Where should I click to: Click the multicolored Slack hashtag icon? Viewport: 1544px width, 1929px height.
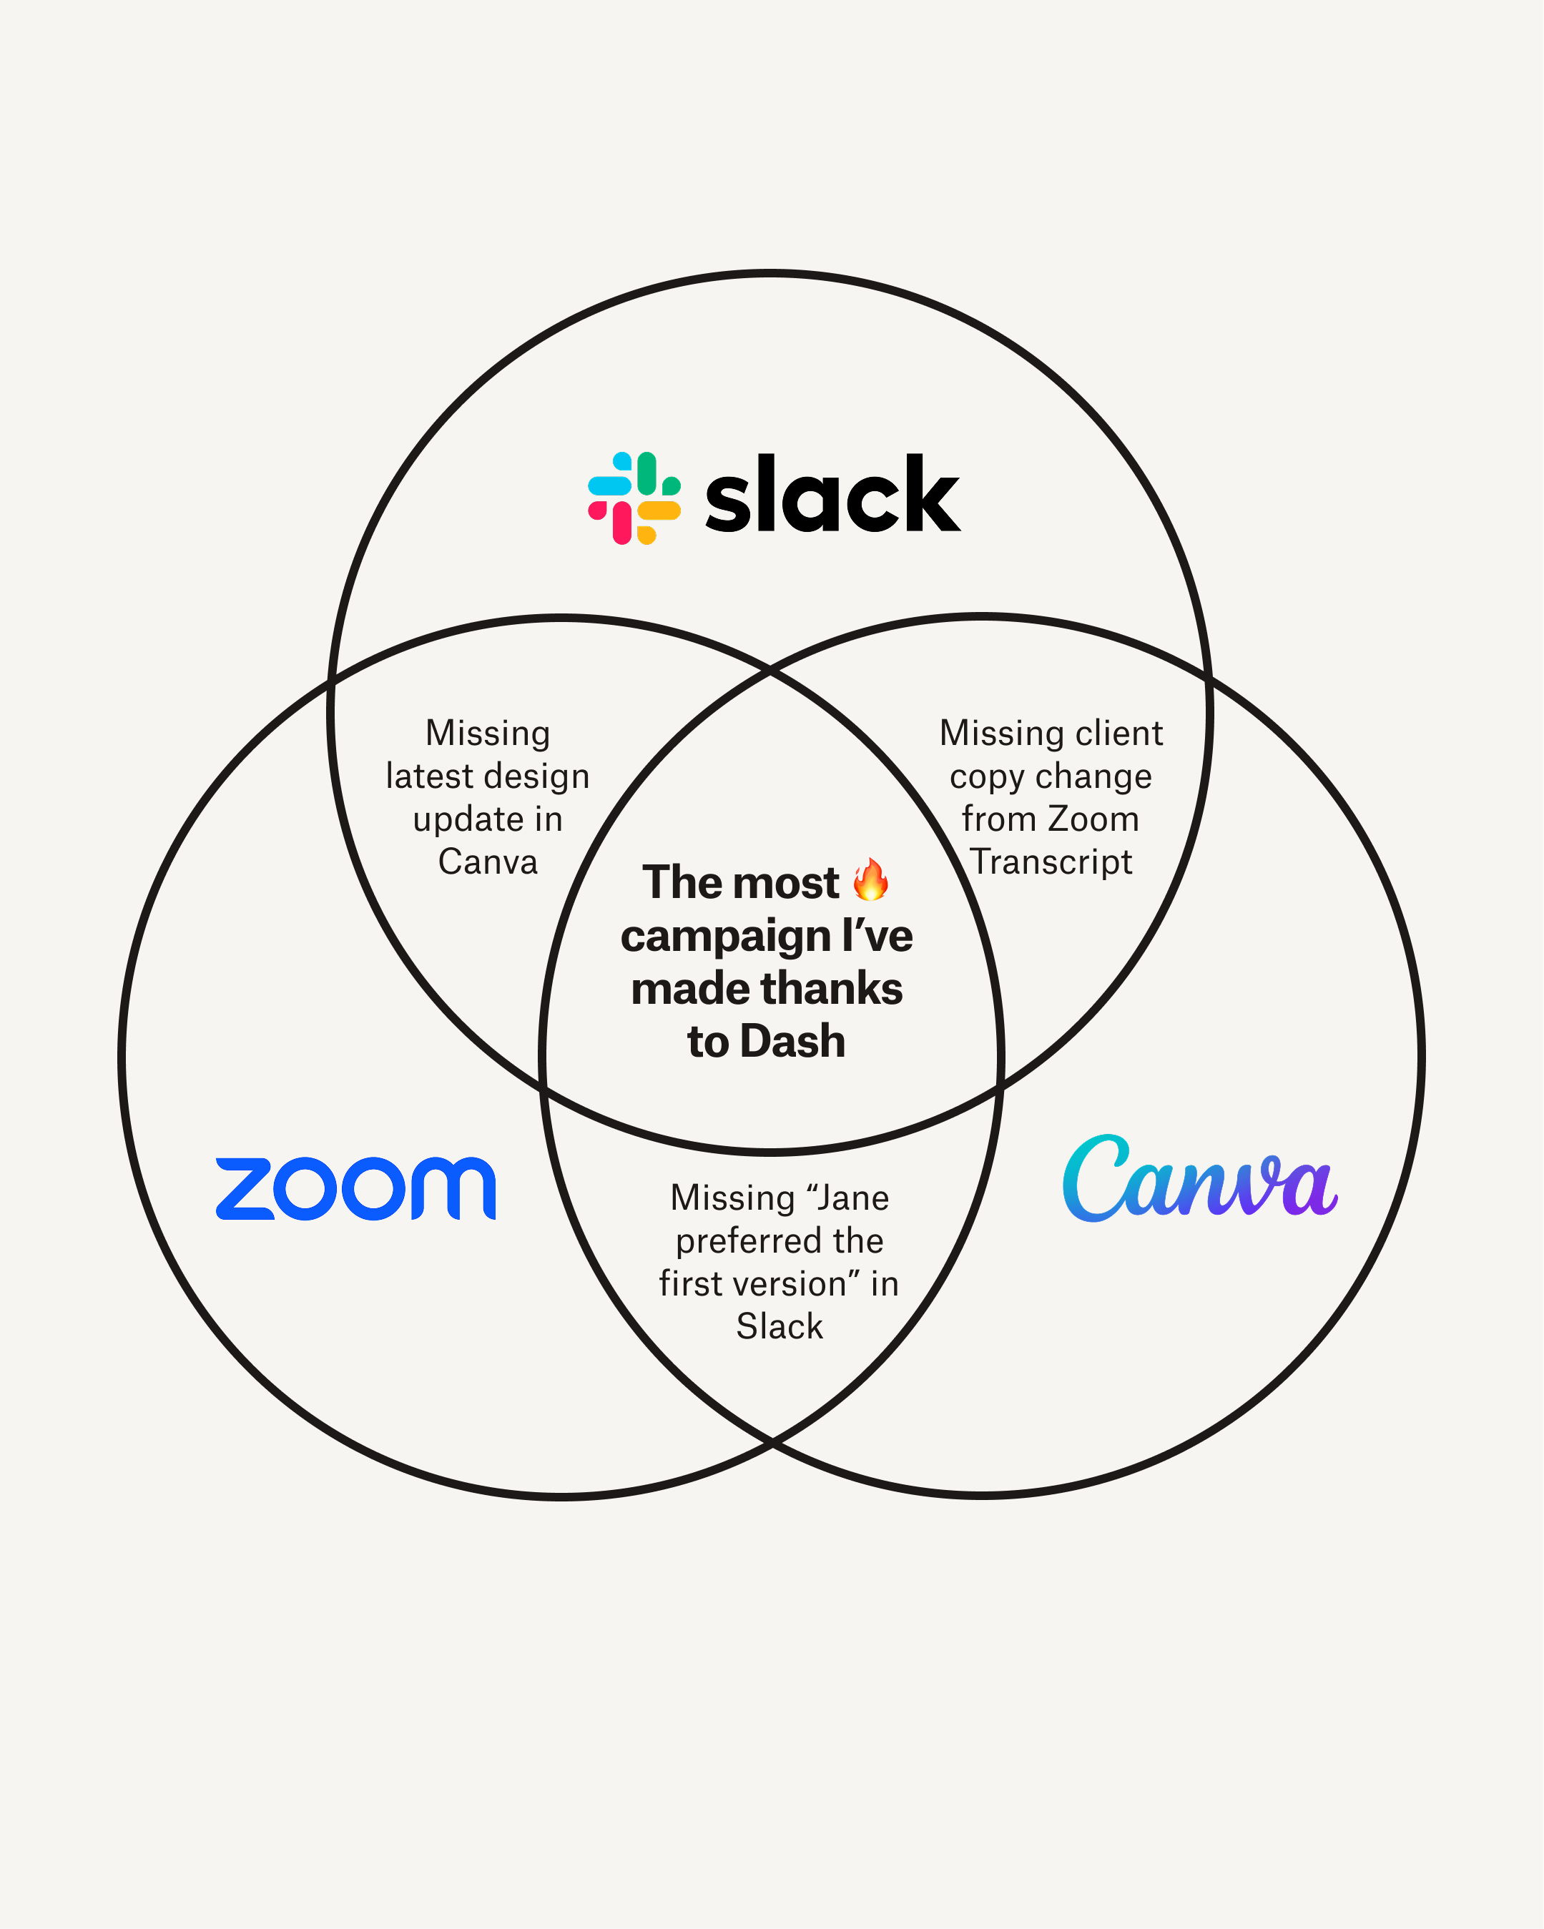(x=634, y=498)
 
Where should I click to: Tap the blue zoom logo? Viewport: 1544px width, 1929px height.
(x=355, y=1189)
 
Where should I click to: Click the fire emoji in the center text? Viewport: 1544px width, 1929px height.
(x=870, y=879)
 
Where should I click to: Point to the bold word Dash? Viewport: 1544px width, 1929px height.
(x=792, y=1042)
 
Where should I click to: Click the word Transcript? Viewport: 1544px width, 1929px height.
(x=1052, y=862)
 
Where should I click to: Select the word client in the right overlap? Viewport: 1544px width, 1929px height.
(x=1118, y=733)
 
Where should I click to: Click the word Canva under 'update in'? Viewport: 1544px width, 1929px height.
(x=488, y=862)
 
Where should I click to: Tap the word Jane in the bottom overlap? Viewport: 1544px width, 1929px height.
(x=853, y=1198)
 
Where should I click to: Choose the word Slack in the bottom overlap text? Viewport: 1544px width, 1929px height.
(x=780, y=1326)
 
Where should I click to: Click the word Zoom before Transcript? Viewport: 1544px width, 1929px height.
(x=1093, y=819)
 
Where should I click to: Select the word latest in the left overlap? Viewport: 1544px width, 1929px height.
(x=423, y=776)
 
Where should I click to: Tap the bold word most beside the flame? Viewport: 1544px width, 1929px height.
(x=790, y=883)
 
